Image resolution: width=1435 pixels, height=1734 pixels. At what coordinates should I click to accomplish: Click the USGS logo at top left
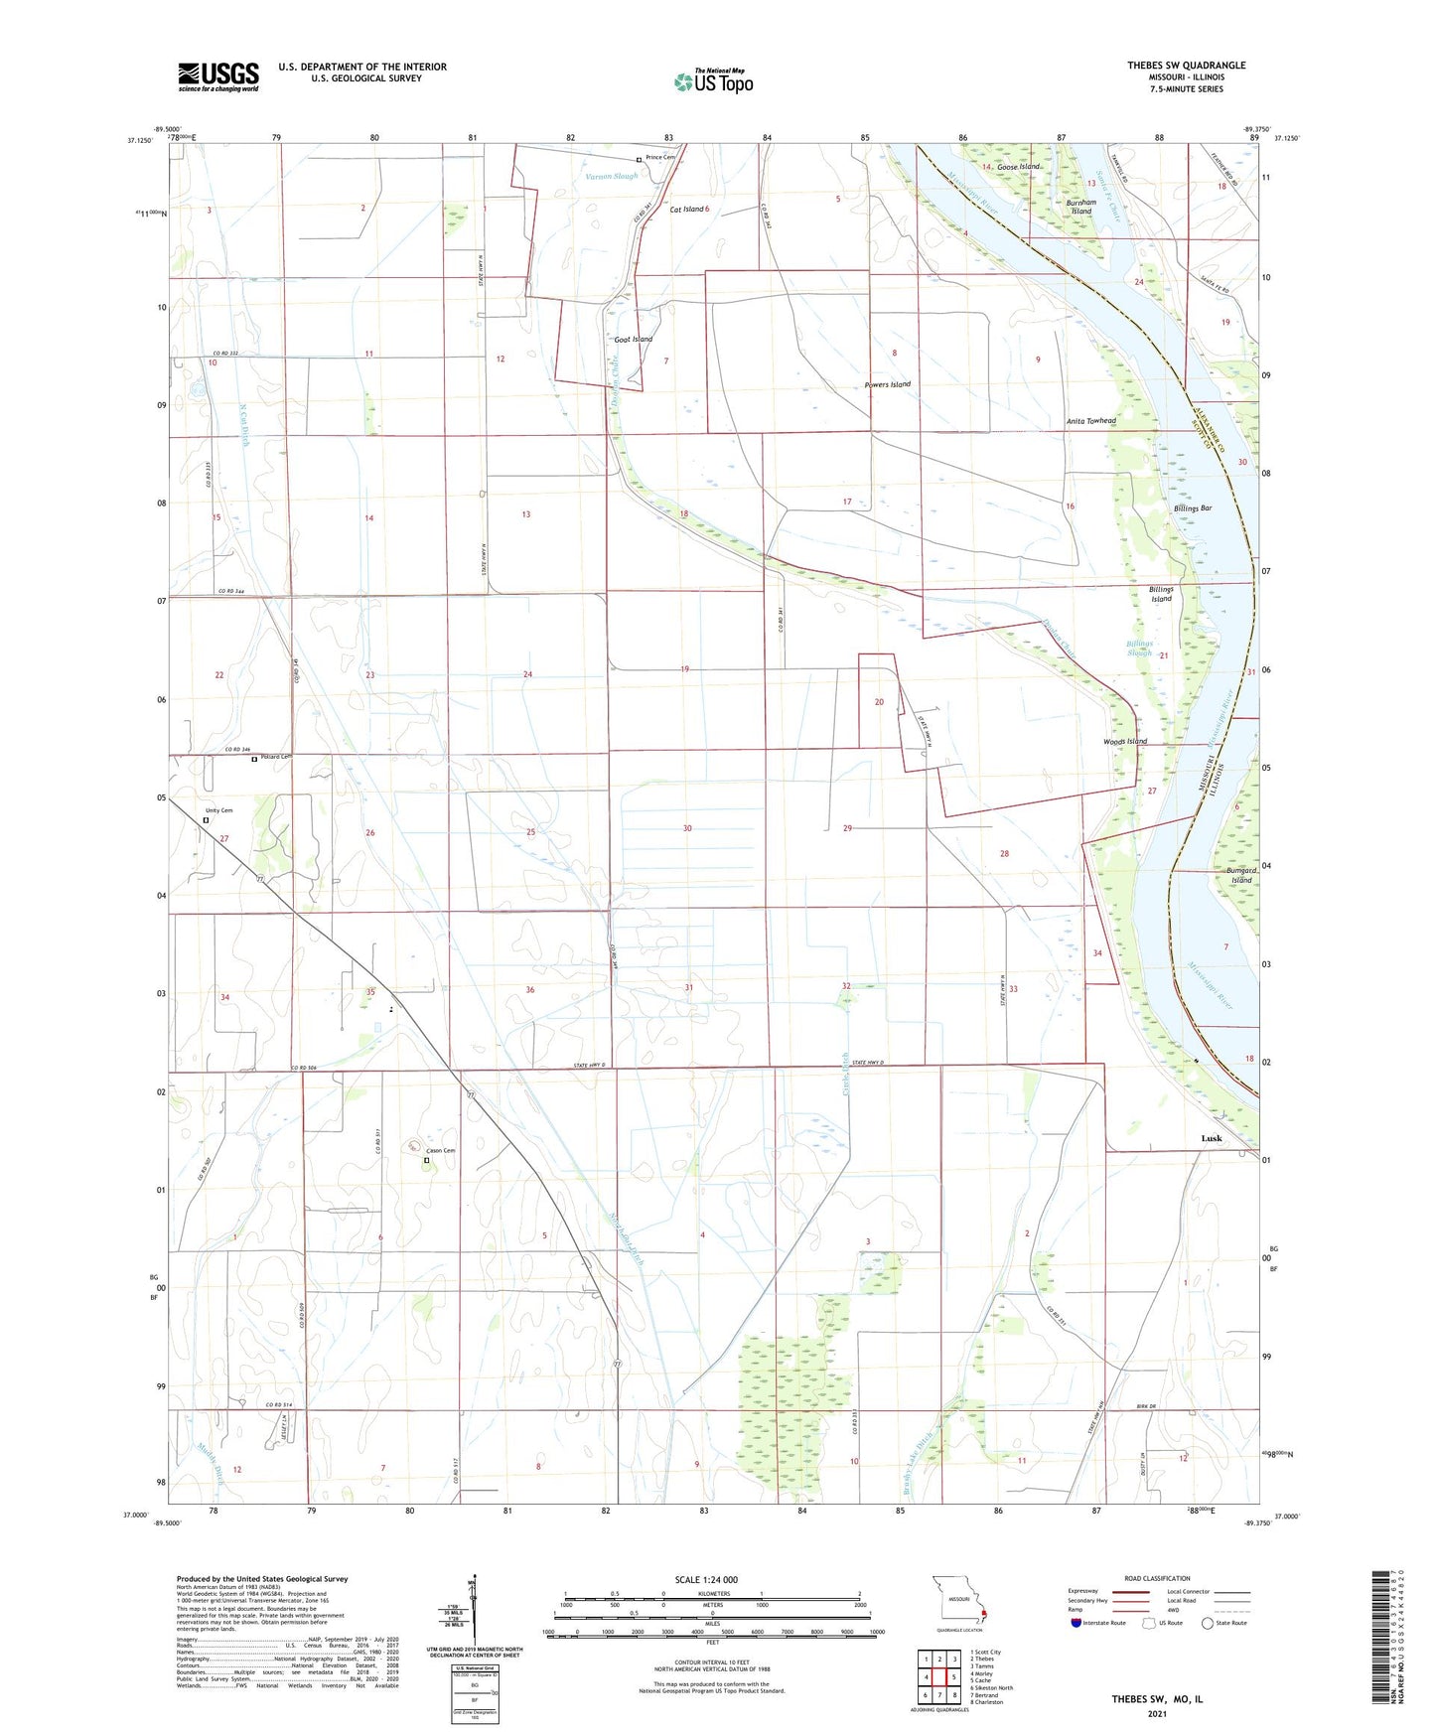tap(218, 76)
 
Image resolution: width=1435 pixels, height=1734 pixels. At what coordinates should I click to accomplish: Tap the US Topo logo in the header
tap(713, 81)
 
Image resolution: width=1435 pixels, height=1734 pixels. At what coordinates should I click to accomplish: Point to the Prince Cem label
tap(660, 158)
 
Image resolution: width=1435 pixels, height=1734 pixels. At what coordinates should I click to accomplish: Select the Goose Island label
tap(1018, 167)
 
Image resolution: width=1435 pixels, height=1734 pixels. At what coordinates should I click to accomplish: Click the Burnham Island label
tap(1080, 207)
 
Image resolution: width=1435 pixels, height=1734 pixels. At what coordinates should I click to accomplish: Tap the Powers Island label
tap(887, 384)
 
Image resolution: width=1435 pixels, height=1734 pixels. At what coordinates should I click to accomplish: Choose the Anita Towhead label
tap(1090, 421)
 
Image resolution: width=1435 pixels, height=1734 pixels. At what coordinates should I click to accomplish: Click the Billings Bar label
tap(1192, 508)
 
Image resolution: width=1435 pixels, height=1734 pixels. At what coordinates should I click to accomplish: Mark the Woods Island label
tap(1124, 741)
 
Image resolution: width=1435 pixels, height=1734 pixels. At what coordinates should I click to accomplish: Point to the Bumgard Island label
tap(1240, 875)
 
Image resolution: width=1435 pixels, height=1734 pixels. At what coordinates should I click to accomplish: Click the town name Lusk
tap(1212, 1138)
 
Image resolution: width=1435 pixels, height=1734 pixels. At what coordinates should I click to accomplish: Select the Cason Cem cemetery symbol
tap(427, 1160)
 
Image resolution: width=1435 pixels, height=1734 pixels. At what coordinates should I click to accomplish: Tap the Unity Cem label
tap(218, 810)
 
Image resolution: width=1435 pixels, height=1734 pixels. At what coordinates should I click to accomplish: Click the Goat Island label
tap(633, 340)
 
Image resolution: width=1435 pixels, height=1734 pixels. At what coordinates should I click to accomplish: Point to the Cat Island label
tap(686, 210)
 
